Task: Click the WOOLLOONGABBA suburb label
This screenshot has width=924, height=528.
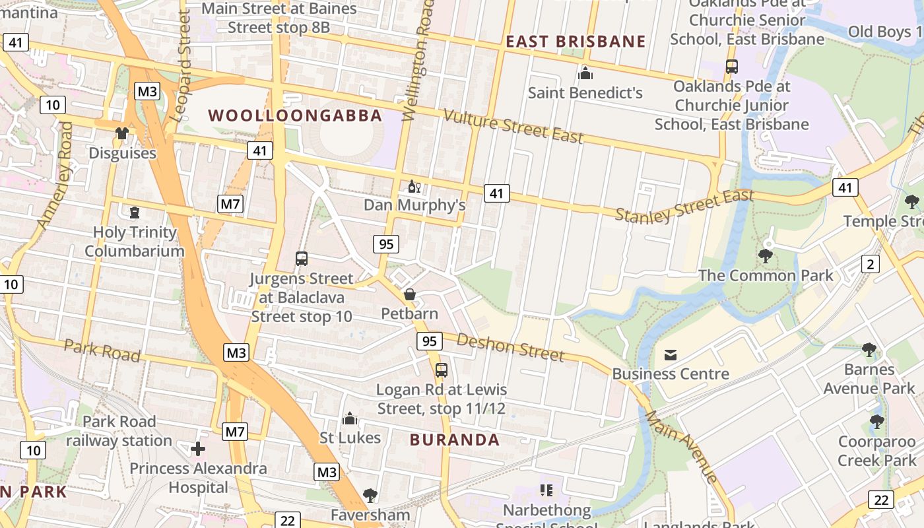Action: pos(295,115)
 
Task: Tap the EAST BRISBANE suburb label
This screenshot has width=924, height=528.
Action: pos(576,42)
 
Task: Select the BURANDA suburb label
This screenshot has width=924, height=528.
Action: pos(455,440)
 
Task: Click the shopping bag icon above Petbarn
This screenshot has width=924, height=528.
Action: pos(410,294)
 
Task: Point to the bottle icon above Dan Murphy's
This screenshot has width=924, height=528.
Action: pos(414,187)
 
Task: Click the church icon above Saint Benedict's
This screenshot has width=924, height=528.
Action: pos(585,73)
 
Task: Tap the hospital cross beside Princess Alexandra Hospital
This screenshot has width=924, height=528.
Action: pos(198,449)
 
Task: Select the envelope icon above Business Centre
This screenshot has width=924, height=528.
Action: pos(671,355)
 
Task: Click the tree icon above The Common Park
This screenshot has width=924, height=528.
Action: pos(766,256)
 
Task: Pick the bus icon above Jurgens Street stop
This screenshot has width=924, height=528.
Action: pos(302,259)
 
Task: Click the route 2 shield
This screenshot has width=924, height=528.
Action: pos(871,265)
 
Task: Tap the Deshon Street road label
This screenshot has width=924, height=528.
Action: pos(510,348)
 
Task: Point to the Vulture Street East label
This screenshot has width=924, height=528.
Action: pos(513,126)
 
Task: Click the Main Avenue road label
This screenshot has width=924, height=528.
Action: pos(681,446)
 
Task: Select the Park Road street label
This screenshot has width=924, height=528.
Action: pos(102,350)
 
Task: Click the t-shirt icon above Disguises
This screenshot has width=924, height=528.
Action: pos(122,134)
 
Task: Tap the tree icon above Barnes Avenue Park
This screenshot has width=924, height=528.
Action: pos(869,350)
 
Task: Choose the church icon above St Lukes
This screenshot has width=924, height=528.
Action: pos(350,419)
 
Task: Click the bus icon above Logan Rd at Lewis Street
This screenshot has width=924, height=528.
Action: pos(442,370)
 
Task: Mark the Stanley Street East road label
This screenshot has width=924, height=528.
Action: pos(684,206)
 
